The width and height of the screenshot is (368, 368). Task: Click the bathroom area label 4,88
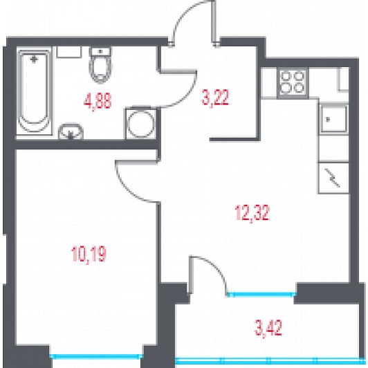click(98, 101)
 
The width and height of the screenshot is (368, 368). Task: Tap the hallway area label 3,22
click(215, 98)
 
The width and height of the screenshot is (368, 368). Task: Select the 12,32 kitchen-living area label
click(252, 212)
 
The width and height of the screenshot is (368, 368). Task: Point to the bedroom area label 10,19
click(89, 254)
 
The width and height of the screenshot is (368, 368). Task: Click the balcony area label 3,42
click(268, 328)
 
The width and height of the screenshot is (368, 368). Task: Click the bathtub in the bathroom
click(35, 91)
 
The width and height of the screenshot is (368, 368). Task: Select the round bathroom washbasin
click(71, 131)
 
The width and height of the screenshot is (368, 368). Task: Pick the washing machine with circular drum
click(141, 123)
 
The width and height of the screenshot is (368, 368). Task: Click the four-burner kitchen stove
click(293, 82)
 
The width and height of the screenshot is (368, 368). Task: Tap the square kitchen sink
click(333, 119)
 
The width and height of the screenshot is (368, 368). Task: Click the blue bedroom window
click(96, 356)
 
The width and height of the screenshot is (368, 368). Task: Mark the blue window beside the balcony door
click(261, 293)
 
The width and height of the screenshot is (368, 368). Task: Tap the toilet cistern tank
click(100, 51)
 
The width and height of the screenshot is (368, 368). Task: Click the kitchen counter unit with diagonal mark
click(333, 178)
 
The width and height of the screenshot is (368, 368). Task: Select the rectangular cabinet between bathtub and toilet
click(68, 52)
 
